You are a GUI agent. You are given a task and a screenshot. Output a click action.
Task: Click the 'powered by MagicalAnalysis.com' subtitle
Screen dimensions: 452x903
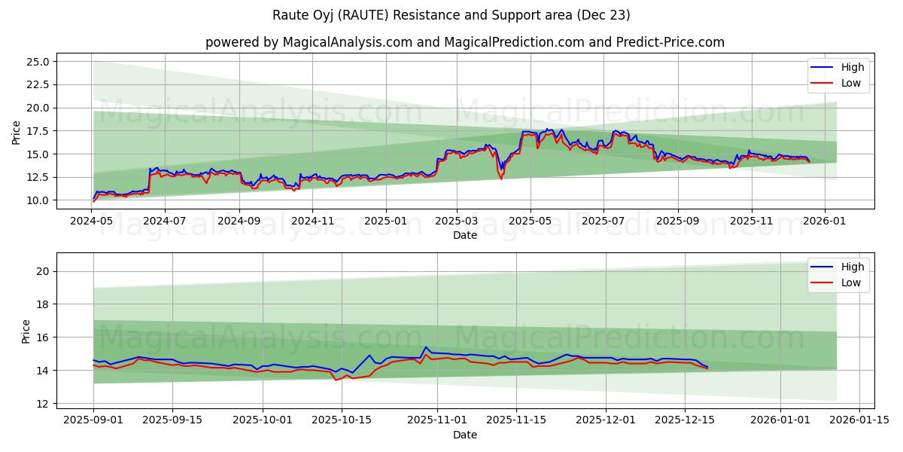point(464,42)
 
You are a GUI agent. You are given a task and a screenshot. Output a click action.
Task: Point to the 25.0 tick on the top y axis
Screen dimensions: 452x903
point(37,62)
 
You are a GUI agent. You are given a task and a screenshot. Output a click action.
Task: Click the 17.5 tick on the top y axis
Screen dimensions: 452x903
point(37,131)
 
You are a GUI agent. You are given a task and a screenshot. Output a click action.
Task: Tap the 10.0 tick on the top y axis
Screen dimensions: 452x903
point(37,200)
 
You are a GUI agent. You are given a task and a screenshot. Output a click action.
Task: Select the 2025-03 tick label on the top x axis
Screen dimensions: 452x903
point(457,221)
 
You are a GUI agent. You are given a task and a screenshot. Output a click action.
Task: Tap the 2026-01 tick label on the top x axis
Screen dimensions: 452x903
point(825,221)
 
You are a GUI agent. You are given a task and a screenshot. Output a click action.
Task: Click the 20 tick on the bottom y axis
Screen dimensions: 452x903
point(43,271)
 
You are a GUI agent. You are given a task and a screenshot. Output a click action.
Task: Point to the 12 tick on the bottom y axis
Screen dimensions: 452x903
point(43,404)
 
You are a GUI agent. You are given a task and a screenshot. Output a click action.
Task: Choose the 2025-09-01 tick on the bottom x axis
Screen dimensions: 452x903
point(93,420)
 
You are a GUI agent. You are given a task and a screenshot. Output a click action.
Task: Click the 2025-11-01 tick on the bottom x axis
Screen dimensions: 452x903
point(437,420)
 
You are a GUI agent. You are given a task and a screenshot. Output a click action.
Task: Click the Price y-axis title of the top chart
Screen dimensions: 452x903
point(17,133)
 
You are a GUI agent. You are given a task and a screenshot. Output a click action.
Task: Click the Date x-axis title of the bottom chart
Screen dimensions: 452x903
point(464,435)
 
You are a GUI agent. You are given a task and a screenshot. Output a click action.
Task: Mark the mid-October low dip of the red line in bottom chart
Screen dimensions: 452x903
point(336,380)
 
